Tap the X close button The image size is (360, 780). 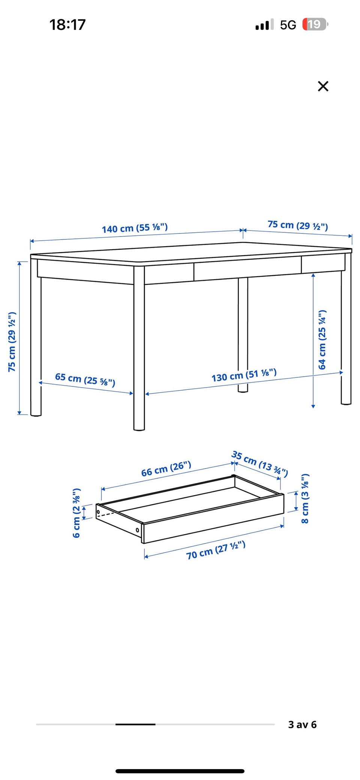[323, 86]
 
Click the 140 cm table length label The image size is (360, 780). [135, 228]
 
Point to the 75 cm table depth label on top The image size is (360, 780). [298, 225]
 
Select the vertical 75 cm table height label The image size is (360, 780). [12, 341]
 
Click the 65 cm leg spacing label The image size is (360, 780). [85, 379]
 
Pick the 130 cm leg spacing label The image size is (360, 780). [244, 375]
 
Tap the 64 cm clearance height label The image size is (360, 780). [322, 340]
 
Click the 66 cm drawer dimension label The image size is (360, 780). [166, 469]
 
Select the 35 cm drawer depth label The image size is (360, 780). [259, 464]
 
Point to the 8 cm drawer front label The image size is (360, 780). [305, 499]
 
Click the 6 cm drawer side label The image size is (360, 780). [76, 513]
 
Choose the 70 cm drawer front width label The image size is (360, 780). [216, 550]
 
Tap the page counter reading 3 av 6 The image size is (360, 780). [302, 725]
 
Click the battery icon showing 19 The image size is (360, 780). [315, 24]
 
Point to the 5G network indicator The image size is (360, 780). [288, 25]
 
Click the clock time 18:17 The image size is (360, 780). [67, 25]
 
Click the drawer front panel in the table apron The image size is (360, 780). [247, 268]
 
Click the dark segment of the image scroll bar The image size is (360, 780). [135, 725]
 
